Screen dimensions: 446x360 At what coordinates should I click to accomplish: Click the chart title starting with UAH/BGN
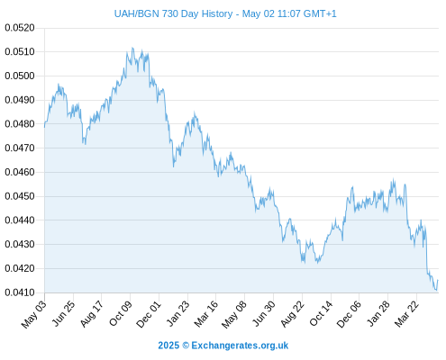(225, 13)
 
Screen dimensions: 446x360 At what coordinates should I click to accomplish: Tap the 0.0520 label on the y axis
(20, 28)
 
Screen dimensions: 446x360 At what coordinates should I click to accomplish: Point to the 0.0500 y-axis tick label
(20, 76)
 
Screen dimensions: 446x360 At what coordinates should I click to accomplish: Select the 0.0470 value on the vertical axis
(20, 148)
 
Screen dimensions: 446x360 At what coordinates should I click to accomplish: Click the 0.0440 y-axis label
(20, 220)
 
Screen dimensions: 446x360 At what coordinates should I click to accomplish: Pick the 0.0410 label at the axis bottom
(20, 292)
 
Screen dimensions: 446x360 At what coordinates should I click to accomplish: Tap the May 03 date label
(34, 314)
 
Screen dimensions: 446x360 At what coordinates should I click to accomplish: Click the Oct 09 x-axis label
(121, 313)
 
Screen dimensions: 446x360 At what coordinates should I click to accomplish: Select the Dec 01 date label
(149, 314)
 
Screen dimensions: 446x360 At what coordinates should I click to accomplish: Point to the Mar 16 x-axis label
(206, 313)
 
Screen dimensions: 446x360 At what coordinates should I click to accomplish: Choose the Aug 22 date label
(293, 313)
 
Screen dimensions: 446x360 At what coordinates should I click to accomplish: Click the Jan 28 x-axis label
(378, 313)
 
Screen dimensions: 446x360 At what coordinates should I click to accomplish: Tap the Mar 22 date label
(406, 313)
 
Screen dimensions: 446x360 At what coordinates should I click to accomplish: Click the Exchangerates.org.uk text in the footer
(240, 346)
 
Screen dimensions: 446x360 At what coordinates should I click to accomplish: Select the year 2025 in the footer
(168, 346)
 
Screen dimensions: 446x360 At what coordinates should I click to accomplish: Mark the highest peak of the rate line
(132, 48)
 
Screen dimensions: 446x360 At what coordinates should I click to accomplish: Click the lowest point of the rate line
(436, 291)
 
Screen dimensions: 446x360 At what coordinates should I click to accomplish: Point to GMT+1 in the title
(320, 13)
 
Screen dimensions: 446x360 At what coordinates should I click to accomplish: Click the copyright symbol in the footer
(186, 346)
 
